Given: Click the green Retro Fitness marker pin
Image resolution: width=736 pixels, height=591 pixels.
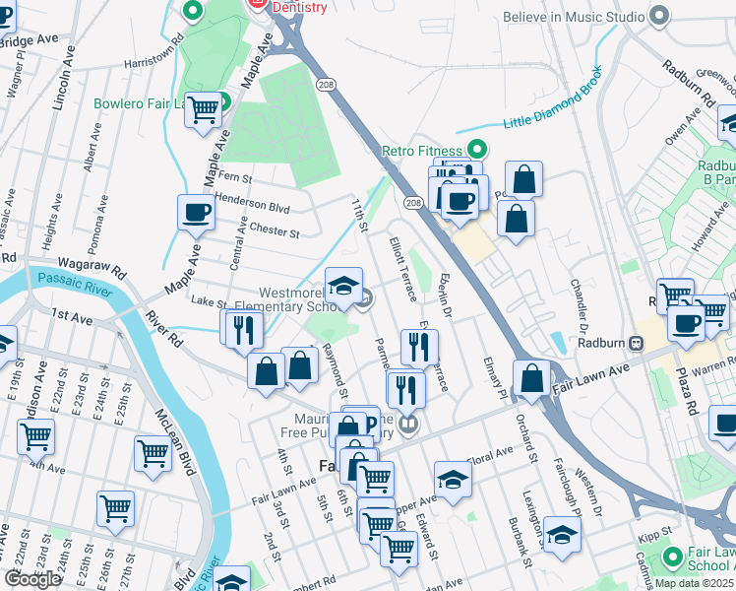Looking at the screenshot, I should [477, 151].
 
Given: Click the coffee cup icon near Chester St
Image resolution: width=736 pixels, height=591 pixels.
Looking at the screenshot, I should [196, 211].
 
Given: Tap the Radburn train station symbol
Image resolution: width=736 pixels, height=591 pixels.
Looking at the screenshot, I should [637, 344].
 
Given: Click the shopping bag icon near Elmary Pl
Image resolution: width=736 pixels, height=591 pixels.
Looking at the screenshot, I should [531, 377].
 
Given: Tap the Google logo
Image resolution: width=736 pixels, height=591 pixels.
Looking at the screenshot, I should [33, 579].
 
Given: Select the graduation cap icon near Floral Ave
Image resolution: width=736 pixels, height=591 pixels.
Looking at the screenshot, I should [452, 479].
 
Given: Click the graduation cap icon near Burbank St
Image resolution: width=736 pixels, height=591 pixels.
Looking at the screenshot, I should [562, 535].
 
